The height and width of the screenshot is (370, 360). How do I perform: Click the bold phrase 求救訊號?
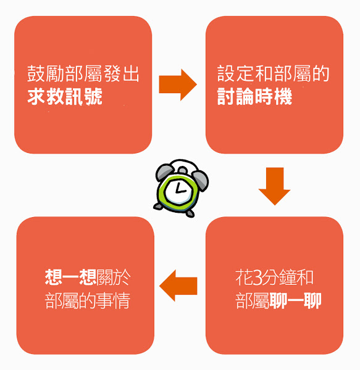65,96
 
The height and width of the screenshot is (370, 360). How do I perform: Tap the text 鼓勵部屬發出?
83,73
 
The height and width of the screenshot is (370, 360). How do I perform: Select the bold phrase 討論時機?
254,96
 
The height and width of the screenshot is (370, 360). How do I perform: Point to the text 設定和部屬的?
274,73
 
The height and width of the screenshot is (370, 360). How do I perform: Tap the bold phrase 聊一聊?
295,301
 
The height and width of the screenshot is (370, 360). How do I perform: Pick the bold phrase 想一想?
70,277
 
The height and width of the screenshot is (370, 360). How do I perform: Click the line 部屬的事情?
88,301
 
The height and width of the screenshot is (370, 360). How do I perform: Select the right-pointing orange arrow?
178,84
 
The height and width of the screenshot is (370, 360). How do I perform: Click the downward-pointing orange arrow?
274,186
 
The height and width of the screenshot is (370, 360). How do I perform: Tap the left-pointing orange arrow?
178,286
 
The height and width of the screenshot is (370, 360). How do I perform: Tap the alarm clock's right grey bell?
200,181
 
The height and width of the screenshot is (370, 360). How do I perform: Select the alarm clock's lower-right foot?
190,213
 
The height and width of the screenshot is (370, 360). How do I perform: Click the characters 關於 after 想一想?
114,277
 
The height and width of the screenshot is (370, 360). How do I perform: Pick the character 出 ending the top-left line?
131,73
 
